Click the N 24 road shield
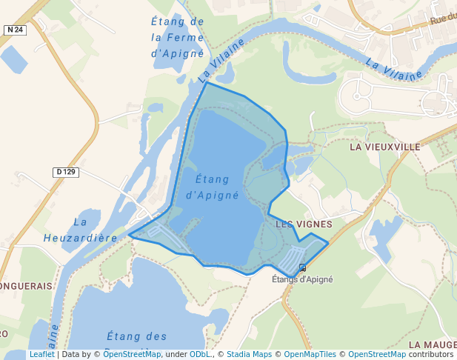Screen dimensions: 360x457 click(x=14, y=30)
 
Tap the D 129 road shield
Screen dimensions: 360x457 click(x=66, y=173)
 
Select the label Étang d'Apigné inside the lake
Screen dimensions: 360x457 click(x=213, y=187)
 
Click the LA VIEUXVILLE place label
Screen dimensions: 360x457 click(x=384, y=147)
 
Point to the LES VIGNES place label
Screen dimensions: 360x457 click(x=304, y=223)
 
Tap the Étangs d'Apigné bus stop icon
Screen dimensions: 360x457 click(x=302, y=267)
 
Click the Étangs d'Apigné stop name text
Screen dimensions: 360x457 click(x=302, y=279)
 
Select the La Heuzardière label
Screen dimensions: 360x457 click(x=81, y=230)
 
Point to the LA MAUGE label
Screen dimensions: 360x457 click(x=432, y=344)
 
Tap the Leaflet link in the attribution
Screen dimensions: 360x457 click(x=41, y=354)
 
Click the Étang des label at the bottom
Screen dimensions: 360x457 click(x=137, y=336)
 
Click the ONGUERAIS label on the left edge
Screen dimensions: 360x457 click(x=26, y=285)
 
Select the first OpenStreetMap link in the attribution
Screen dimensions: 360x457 click(x=132, y=354)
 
